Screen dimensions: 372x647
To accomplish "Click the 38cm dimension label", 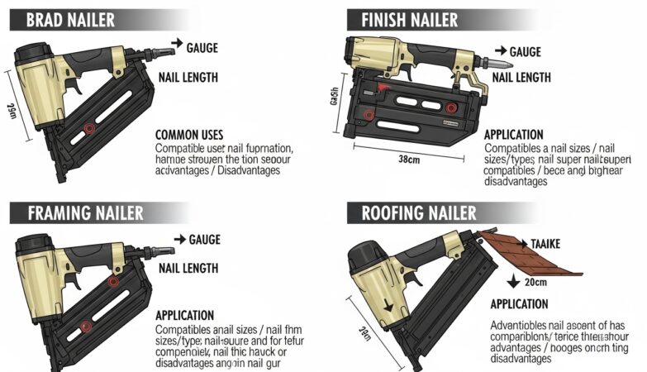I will pos(407,159).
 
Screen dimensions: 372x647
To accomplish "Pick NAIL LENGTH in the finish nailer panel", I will pos(521,77).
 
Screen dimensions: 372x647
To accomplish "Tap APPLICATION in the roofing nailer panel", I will pos(519,304).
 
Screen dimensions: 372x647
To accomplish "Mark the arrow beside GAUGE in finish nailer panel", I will pos(502,51).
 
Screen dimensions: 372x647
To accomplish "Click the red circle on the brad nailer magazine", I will pos(88,129).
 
